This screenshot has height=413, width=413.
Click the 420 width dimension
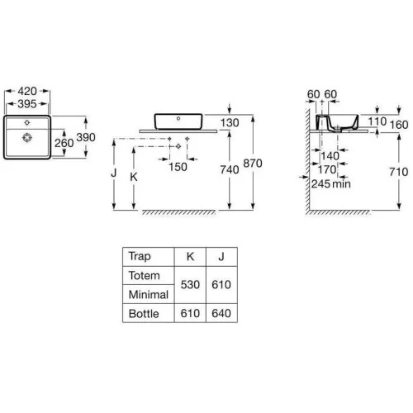(x=27, y=91)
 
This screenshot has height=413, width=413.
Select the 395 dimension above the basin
(x=27, y=104)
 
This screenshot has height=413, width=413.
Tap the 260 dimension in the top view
(x=64, y=143)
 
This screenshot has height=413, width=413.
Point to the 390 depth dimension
(x=86, y=137)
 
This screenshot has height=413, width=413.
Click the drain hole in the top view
(x=27, y=137)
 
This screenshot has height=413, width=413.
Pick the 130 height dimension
(x=230, y=123)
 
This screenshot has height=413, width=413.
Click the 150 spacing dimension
(x=178, y=167)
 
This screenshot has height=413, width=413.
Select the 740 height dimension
(x=230, y=169)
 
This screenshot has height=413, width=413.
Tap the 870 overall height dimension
(x=253, y=164)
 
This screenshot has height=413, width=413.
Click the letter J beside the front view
(x=114, y=173)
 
